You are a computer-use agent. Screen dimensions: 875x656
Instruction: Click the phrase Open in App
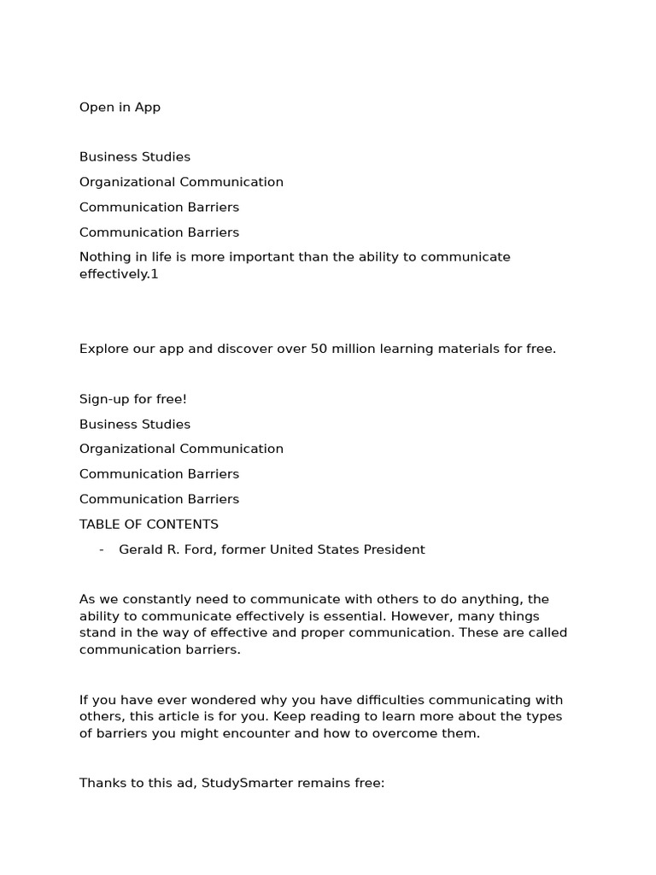coord(120,108)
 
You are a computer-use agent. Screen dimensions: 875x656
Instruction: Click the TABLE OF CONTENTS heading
coord(149,525)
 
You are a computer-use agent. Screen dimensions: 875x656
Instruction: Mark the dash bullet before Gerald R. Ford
coord(102,549)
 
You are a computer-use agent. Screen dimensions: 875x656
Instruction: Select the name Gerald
coord(141,549)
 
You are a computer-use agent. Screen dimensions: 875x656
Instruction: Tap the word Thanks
coord(102,784)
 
